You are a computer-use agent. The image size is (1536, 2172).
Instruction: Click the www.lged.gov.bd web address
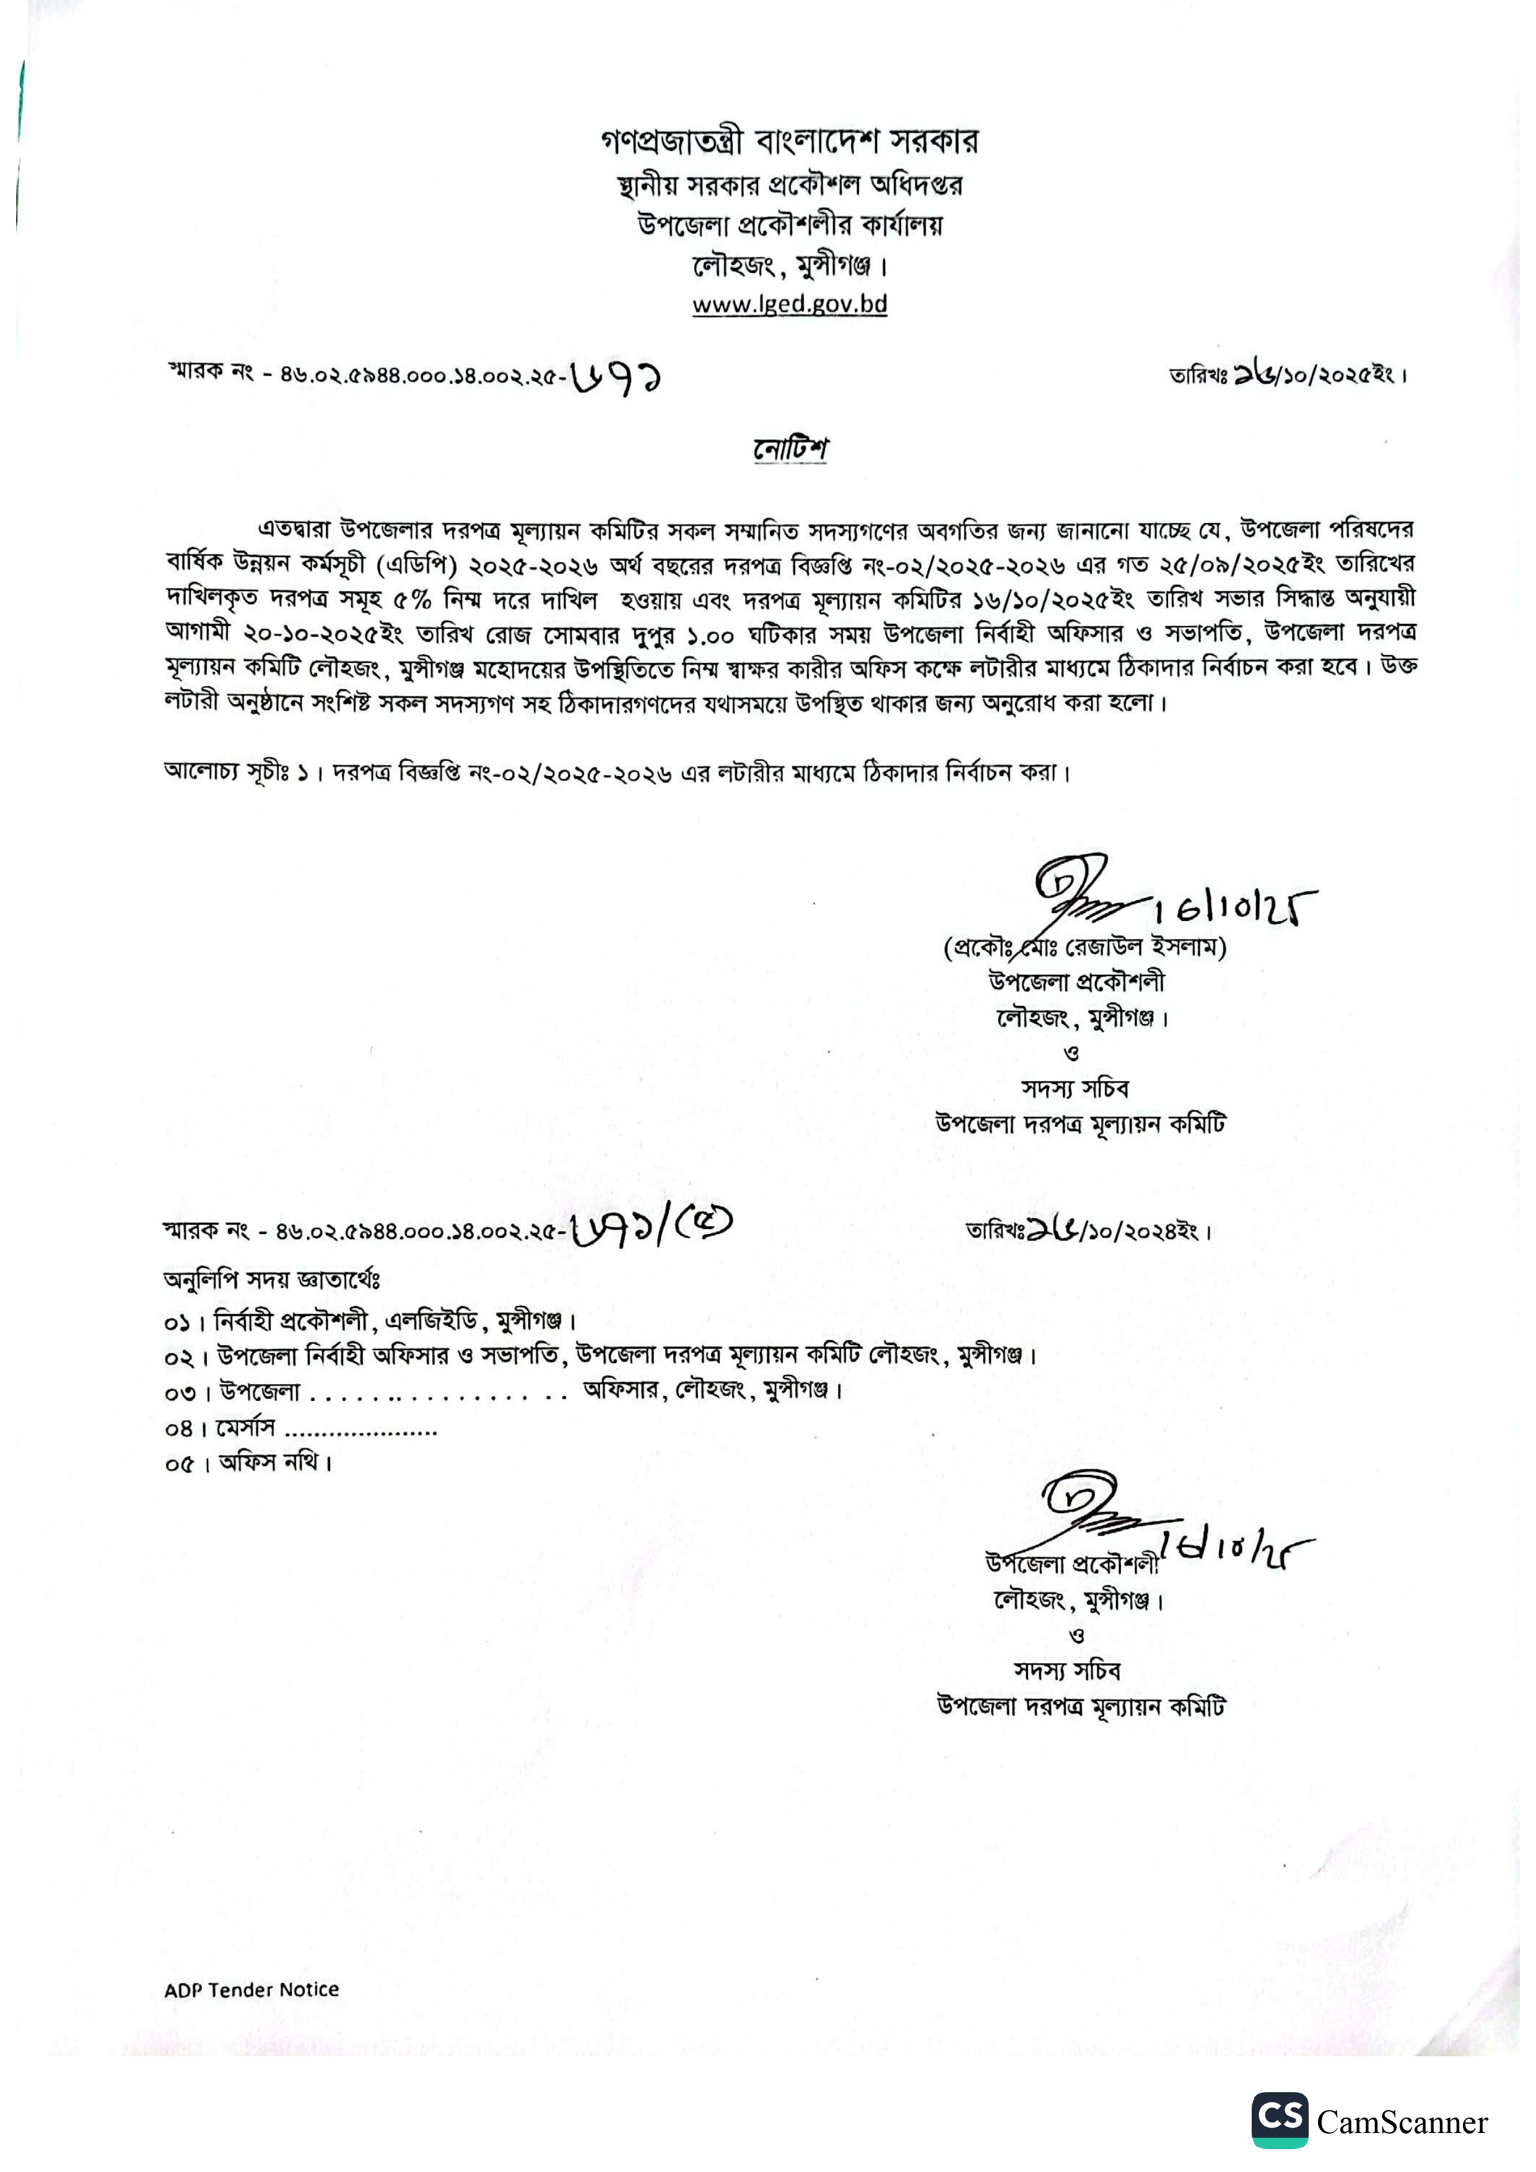(789, 304)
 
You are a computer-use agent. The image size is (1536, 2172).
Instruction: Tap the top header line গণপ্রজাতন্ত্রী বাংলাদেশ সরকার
(789, 142)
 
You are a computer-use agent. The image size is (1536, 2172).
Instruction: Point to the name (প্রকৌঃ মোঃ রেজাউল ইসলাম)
(1084, 947)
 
